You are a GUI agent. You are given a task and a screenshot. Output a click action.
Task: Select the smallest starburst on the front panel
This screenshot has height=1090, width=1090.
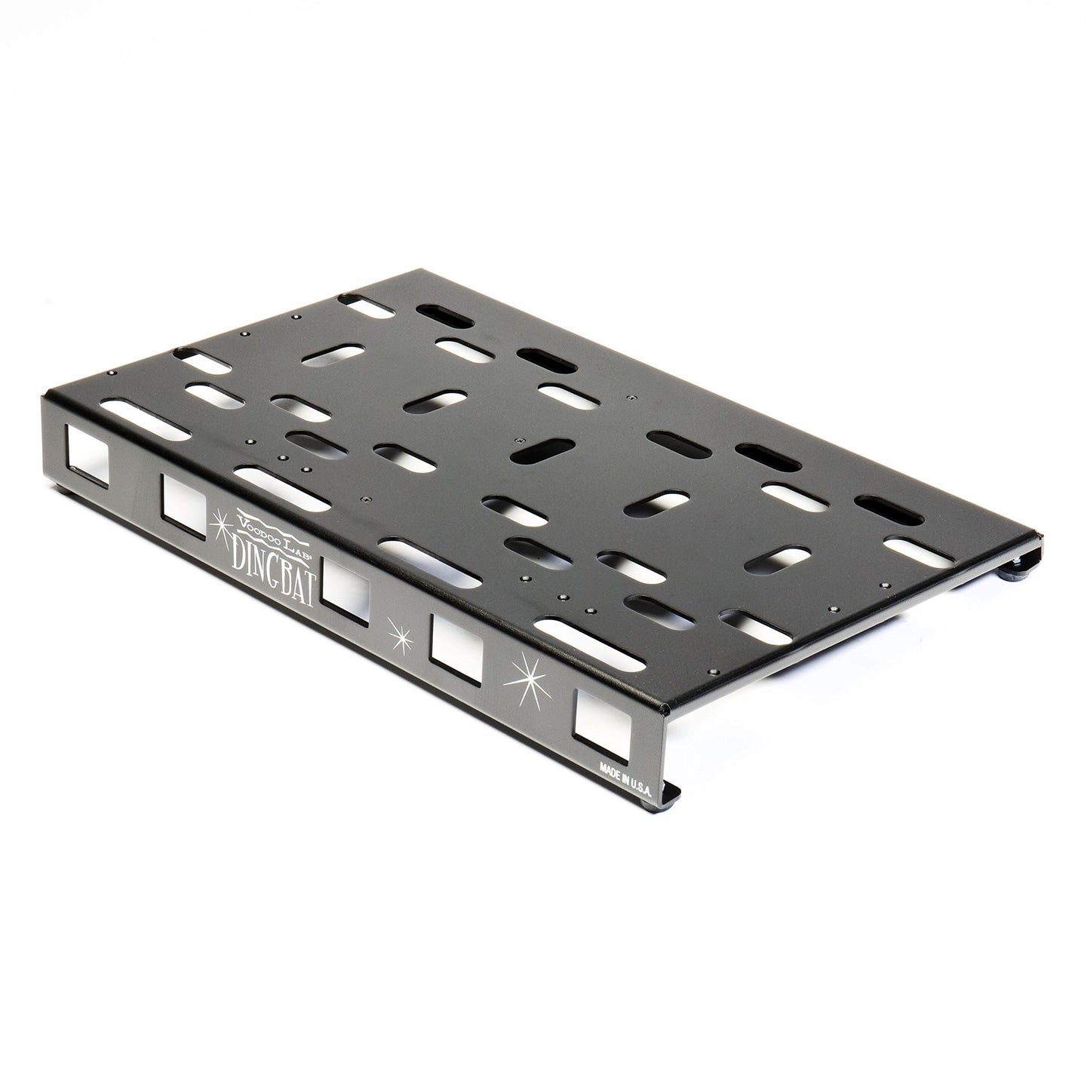click(400, 635)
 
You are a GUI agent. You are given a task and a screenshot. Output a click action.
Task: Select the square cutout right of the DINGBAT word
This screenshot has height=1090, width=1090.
click(346, 594)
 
